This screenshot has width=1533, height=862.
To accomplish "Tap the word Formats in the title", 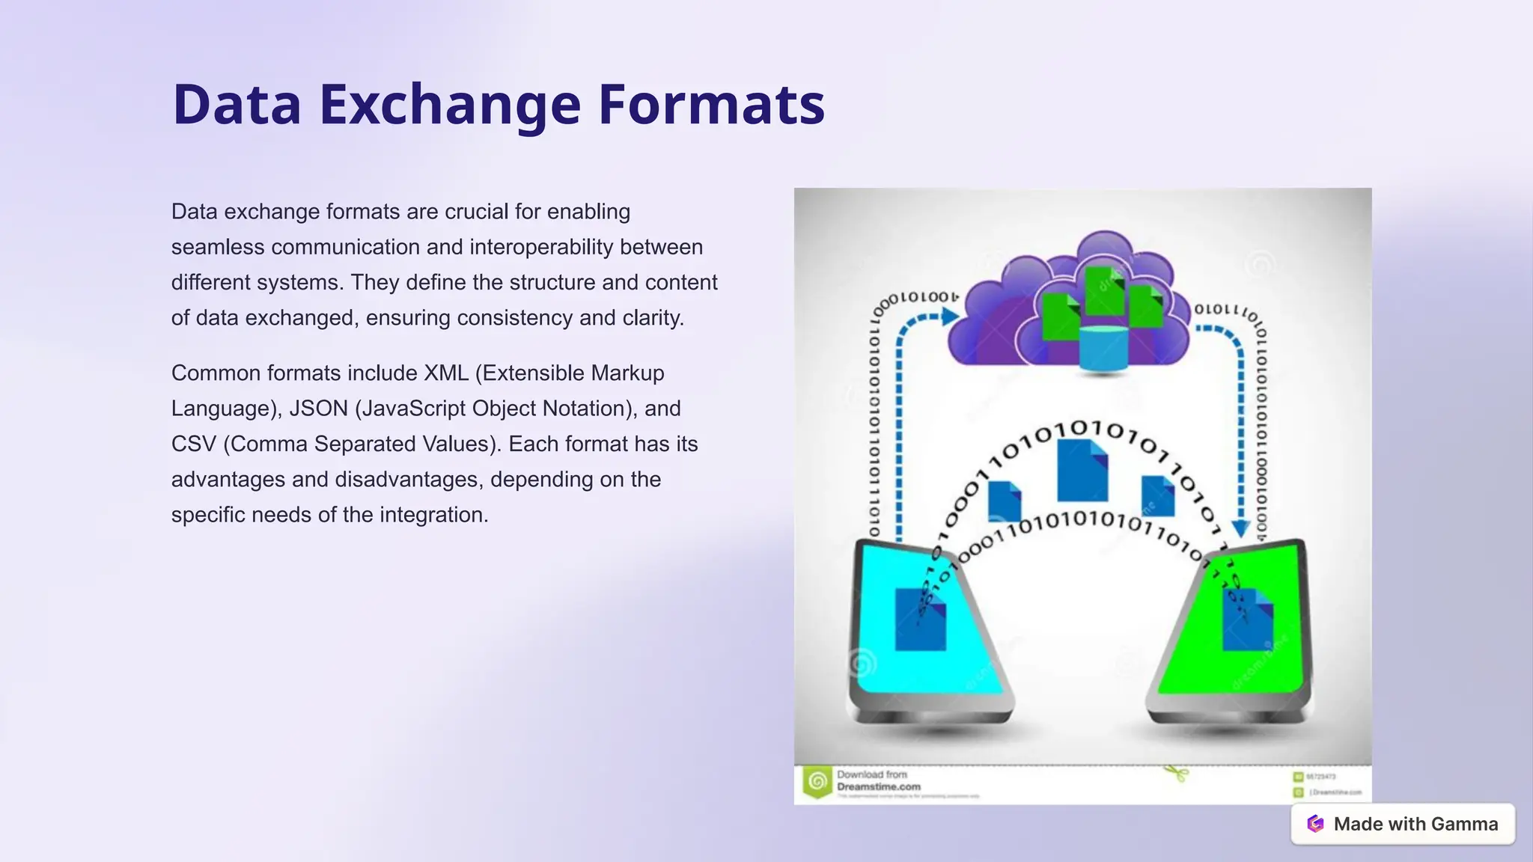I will point(711,105).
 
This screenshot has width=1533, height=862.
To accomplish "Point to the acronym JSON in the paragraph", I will point(318,409).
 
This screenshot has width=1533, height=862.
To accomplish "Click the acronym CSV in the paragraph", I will point(193,444).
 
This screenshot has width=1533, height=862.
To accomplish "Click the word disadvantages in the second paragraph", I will point(409,480).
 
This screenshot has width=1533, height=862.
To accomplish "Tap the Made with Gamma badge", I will point(1403,824).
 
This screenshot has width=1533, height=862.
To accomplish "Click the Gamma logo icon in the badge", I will point(1315,824).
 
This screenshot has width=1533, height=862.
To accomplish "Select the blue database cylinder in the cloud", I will point(1103,349).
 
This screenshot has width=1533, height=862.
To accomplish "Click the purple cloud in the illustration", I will point(996,329).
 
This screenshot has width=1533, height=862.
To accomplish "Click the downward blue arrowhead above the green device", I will point(1240,529).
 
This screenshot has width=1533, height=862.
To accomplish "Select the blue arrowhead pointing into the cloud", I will point(950,317).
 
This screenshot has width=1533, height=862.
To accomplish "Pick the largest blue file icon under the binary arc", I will point(1082,471).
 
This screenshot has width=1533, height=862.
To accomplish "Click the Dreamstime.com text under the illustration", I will point(879,787).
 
